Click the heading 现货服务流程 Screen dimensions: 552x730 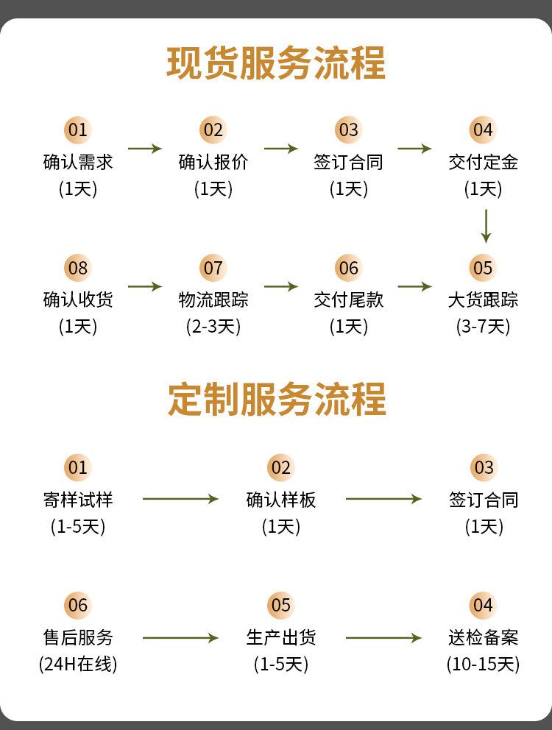(x=276, y=63)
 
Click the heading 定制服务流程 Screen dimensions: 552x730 (x=277, y=399)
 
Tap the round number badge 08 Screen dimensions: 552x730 (x=78, y=268)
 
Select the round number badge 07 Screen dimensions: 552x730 (x=213, y=268)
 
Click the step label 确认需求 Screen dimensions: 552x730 (x=78, y=162)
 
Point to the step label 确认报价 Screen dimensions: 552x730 (x=213, y=162)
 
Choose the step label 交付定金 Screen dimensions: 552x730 (x=483, y=162)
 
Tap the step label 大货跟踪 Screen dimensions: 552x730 (x=483, y=300)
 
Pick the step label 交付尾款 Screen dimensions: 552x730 (x=348, y=300)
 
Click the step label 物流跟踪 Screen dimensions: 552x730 (x=213, y=300)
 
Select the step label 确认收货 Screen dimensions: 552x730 (x=78, y=300)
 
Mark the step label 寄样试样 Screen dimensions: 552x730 (x=78, y=500)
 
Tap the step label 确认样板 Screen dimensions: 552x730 (x=281, y=500)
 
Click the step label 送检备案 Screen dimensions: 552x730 (x=483, y=637)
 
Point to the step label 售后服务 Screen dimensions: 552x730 (x=78, y=637)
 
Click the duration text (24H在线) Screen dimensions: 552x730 (x=78, y=664)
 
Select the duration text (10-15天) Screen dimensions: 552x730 (x=483, y=664)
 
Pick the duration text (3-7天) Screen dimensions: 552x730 (x=483, y=326)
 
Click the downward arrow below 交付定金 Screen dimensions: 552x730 (x=486, y=226)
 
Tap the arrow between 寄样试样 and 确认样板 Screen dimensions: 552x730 (x=180, y=499)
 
